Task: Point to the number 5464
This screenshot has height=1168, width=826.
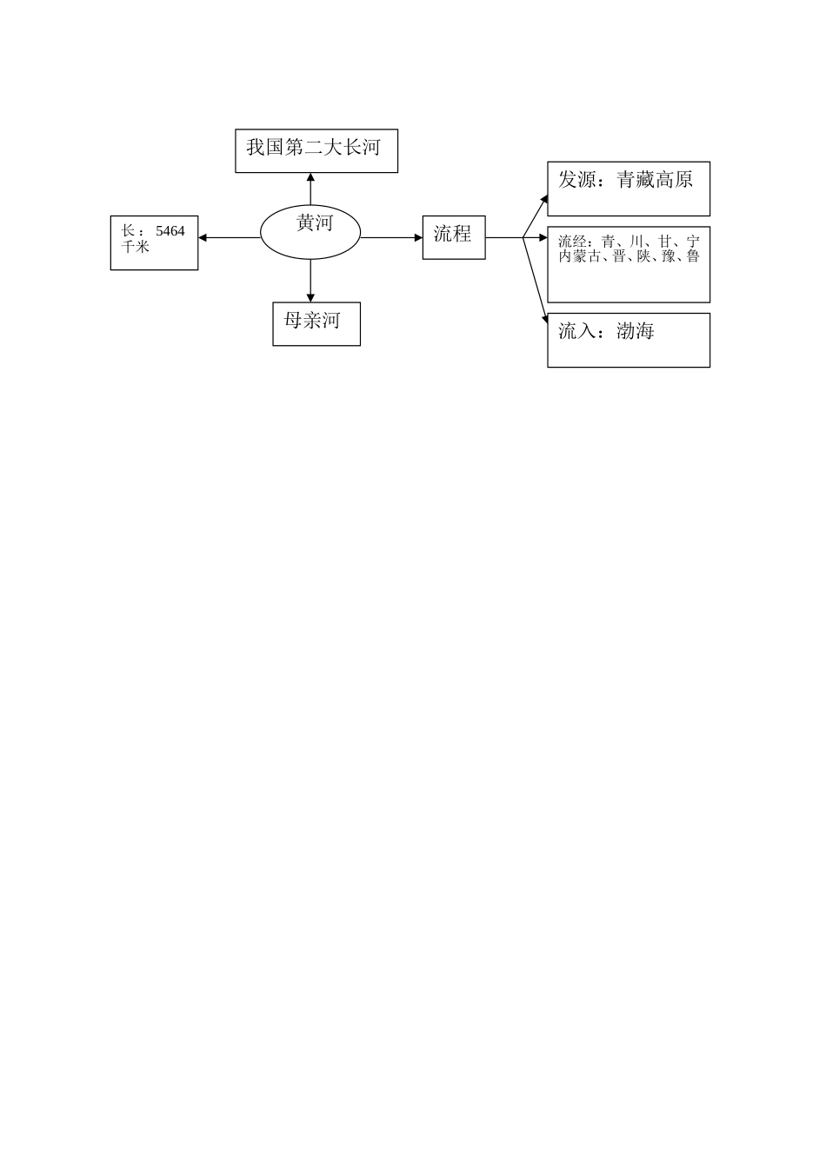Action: click(x=170, y=231)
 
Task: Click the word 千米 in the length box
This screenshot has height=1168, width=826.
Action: click(x=135, y=246)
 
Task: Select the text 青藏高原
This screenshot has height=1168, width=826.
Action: click(x=655, y=179)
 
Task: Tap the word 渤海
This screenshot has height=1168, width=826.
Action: click(x=635, y=331)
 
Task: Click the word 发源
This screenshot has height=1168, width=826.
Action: click(x=576, y=179)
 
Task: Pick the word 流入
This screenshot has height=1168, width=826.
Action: click(x=576, y=331)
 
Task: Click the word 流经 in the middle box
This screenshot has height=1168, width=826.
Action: click(x=572, y=242)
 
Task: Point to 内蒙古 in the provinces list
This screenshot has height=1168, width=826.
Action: click(x=579, y=256)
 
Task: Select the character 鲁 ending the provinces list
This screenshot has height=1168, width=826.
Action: click(x=692, y=256)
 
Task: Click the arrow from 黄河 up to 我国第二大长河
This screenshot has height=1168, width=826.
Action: click(x=310, y=189)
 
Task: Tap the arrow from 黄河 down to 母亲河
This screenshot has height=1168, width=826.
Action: click(x=310, y=281)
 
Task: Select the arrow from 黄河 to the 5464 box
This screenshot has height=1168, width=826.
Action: click(x=229, y=238)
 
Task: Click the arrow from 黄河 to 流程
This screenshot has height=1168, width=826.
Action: click(x=391, y=238)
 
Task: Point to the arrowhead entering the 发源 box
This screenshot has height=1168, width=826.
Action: click(x=544, y=199)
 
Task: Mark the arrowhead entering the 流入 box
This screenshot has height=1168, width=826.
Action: click(x=545, y=319)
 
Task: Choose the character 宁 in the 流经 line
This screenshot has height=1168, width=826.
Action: click(x=692, y=242)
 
